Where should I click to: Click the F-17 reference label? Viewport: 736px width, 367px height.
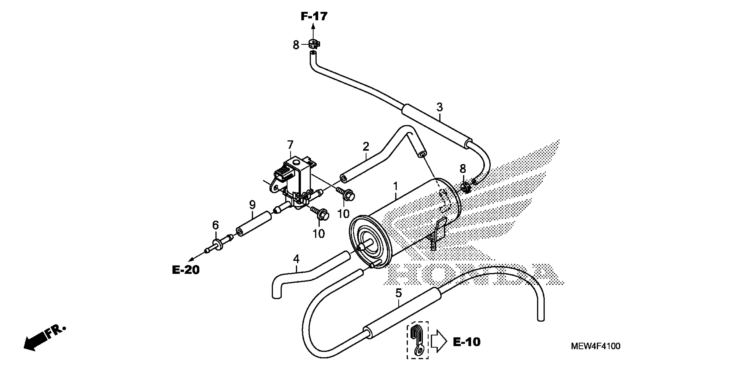click(x=314, y=17)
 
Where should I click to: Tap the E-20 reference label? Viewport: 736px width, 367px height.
click(x=186, y=270)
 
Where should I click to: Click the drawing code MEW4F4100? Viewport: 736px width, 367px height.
click(x=595, y=346)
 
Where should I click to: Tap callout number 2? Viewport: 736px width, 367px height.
click(x=366, y=147)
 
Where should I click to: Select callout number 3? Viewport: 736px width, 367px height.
click(x=439, y=108)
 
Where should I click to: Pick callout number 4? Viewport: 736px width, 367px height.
click(x=296, y=259)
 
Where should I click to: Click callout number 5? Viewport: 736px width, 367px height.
click(x=399, y=293)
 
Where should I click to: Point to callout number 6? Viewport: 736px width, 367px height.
click(x=215, y=225)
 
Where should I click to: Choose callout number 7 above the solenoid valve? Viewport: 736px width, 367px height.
click(x=290, y=145)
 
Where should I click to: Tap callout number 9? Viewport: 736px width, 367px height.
click(x=252, y=204)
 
